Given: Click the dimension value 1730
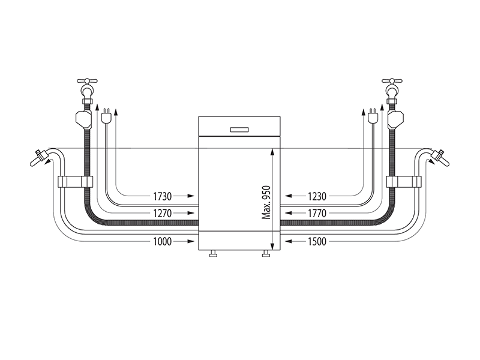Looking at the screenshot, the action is point(163,196).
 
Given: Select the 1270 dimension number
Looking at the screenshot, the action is point(163,213).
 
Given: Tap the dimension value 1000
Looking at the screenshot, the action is point(163,242).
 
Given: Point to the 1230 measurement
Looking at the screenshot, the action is point(317,196).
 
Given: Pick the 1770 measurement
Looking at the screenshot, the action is point(317,213).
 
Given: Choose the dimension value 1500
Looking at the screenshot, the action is point(317,242).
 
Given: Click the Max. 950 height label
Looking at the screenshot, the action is point(266,202).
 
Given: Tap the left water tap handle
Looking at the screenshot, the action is point(87,81).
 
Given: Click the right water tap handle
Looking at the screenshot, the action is point(392,81).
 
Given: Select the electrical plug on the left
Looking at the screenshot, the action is point(106,115).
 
